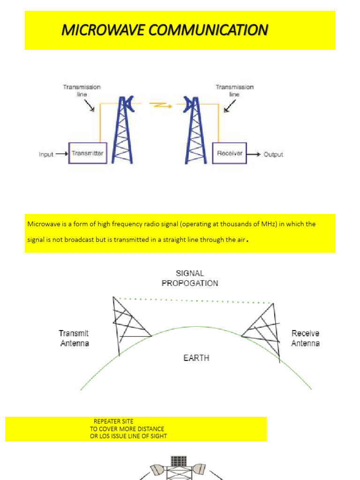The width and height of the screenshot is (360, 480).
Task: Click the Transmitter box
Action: point(88,153)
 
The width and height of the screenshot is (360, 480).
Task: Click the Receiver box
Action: point(229,153)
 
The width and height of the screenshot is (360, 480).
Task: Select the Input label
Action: point(46,154)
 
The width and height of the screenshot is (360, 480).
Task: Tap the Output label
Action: point(273,154)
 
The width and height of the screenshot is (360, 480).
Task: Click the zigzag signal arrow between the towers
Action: point(159,105)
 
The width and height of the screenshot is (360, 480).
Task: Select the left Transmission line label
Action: point(82,90)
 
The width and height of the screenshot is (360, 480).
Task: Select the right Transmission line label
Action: point(234,90)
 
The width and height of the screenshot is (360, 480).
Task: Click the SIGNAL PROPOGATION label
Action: point(190,278)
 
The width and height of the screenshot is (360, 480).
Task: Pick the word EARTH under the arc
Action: point(196,358)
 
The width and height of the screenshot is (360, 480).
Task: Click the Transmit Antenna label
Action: point(74,338)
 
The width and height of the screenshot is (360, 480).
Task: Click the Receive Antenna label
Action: point(305,338)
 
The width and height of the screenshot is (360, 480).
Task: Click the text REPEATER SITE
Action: point(113,421)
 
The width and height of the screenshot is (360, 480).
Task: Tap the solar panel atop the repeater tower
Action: point(178,461)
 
